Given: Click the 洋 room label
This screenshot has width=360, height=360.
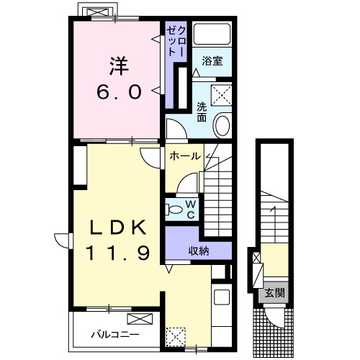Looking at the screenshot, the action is [120, 66].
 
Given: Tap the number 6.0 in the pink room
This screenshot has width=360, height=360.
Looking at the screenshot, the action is [119, 92].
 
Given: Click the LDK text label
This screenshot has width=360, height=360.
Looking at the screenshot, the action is [118, 228].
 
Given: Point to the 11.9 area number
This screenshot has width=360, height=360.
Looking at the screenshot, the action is [118, 253].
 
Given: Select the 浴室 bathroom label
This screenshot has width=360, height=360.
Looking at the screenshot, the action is [212, 61].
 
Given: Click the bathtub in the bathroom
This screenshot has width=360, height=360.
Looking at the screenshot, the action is [212, 34].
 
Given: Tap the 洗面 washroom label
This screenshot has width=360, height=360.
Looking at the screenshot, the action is [202, 112].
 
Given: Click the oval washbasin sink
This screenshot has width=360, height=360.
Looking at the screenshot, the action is [222, 126].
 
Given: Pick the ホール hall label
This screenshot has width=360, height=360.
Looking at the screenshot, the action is [185, 156].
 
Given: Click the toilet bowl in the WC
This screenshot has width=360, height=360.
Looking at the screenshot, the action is [175, 210].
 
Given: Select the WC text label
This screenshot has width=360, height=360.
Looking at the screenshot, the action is [191, 210].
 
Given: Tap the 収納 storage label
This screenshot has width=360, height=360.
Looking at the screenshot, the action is [199, 251].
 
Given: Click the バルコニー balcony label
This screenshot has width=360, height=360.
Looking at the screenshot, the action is [115, 334].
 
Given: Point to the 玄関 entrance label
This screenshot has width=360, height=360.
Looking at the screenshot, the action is [274, 293].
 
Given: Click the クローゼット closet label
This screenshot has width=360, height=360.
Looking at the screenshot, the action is [176, 41].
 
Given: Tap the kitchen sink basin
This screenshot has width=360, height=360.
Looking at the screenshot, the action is [222, 297].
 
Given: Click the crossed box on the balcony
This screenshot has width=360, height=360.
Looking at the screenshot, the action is [140, 319].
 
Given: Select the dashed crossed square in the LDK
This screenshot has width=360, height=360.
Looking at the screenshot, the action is [176, 337].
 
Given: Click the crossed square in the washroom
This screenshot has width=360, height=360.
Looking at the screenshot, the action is [221, 95].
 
